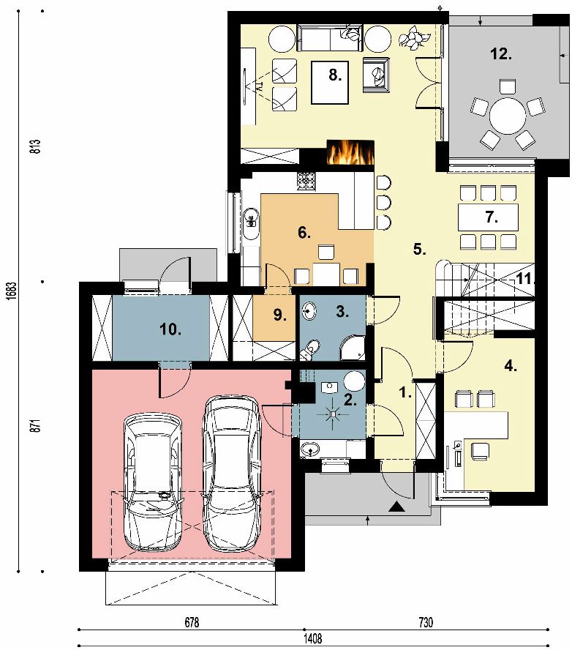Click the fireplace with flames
click(350, 152)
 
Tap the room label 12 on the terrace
click(501, 54)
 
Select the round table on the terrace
click(508, 115)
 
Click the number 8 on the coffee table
click(335, 75)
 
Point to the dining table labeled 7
click(489, 217)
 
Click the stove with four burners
click(306, 182)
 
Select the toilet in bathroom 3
click(310, 349)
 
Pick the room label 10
click(170, 329)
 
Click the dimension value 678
click(192, 622)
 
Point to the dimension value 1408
click(313, 638)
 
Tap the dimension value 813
click(36, 146)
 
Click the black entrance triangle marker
click(396, 506)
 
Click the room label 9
click(280, 315)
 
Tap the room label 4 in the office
click(511, 366)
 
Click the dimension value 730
click(426, 622)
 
